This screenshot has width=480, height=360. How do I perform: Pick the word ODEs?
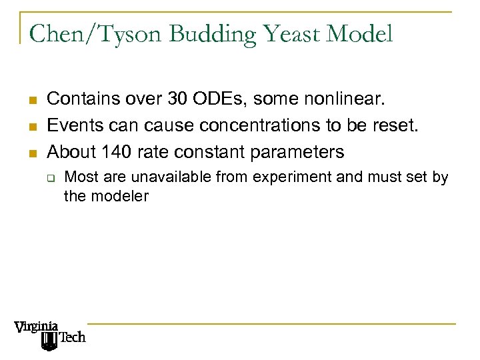point(201,100)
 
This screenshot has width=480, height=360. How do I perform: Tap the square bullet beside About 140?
point(31,153)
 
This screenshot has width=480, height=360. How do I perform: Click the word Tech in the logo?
point(73,337)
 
